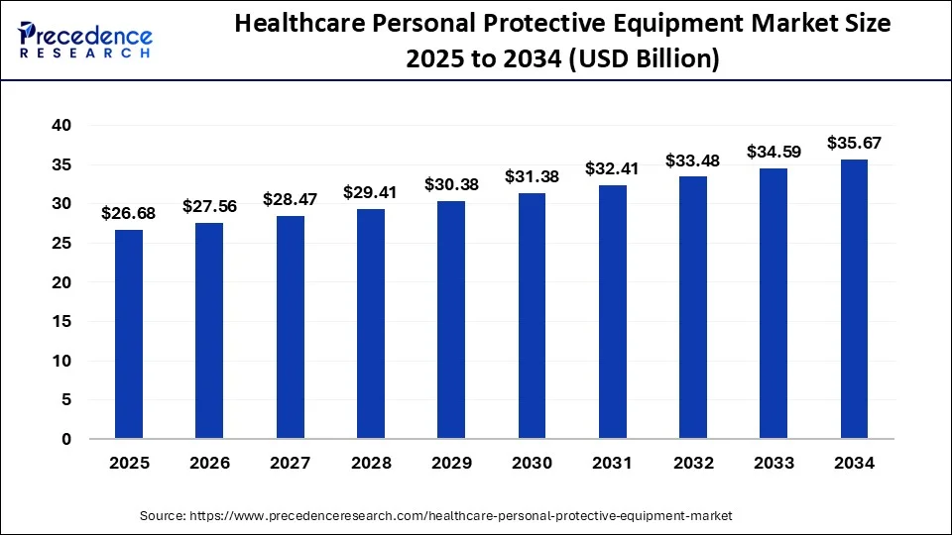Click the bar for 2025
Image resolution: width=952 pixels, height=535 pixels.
[129, 334]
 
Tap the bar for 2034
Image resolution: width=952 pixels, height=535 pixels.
[854, 299]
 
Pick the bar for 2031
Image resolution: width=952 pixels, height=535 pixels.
[612, 312]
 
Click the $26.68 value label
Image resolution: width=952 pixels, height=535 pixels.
[129, 214]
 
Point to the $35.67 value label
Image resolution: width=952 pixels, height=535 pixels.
[854, 144]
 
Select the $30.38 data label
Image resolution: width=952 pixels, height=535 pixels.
[451, 185]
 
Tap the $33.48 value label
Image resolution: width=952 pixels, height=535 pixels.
[693, 160]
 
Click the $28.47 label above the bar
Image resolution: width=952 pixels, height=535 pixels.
[290, 199]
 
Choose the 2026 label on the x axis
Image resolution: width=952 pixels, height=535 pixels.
[209, 463]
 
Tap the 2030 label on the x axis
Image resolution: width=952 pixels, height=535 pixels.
[532, 463]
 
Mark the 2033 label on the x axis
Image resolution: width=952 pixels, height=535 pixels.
[773, 463]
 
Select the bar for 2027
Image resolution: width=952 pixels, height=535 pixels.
[290, 327]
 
